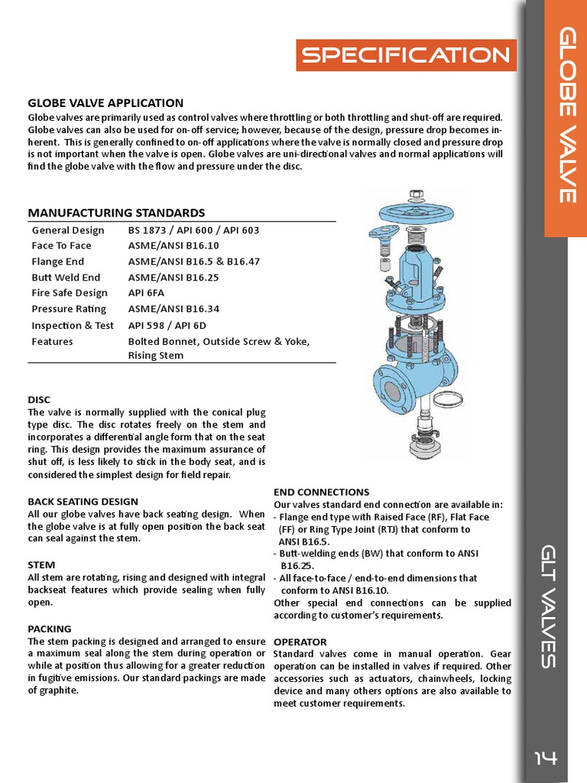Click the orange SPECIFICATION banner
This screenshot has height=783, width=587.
pyautogui.click(x=406, y=55)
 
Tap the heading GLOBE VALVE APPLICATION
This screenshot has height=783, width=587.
pyautogui.click(x=105, y=103)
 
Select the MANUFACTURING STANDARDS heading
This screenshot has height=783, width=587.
pyautogui.click(x=116, y=213)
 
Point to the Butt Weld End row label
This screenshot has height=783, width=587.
pyautogui.click(x=66, y=278)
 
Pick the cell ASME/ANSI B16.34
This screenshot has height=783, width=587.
pyautogui.click(x=173, y=309)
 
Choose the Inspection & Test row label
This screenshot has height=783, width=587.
pyautogui.click(x=73, y=325)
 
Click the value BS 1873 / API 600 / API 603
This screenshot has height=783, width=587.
pyautogui.click(x=193, y=230)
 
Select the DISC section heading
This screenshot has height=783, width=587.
pyautogui.click(x=39, y=400)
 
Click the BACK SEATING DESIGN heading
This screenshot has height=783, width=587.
pyautogui.click(x=83, y=502)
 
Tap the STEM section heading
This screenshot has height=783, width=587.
pyautogui.click(x=41, y=565)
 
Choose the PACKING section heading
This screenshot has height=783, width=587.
pyautogui.click(x=50, y=629)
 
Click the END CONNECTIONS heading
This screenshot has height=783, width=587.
pyautogui.click(x=321, y=492)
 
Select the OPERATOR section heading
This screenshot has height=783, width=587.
pyautogui.click(x=300, y=642)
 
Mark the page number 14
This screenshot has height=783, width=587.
pyautogui.click(x=546, y=758)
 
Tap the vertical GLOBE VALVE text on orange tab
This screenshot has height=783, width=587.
pyautogui.click(x=566, y=115)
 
